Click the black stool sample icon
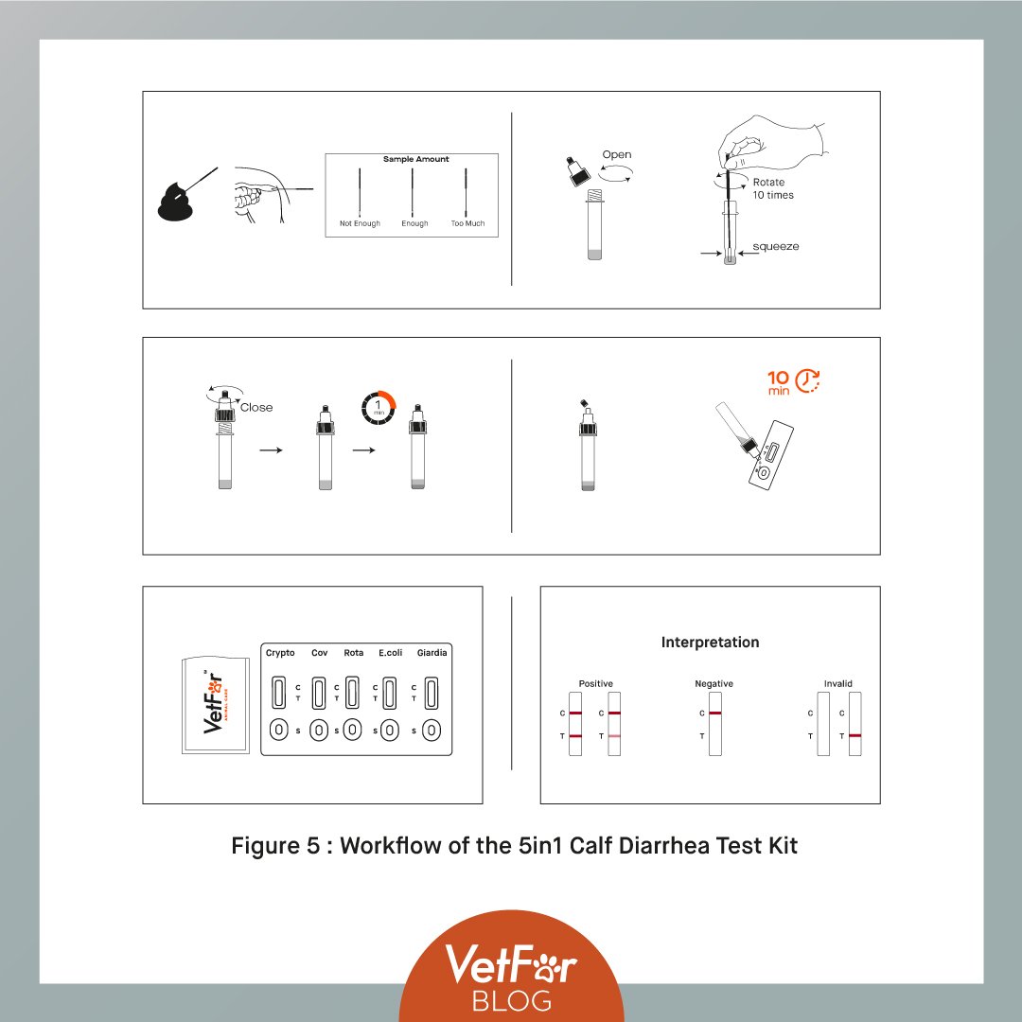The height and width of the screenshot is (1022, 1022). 175,203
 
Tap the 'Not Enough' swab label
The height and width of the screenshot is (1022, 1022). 360,223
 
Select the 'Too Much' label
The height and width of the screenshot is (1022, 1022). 468,223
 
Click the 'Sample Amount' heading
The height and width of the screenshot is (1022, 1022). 415,159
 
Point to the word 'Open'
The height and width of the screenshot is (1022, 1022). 617,155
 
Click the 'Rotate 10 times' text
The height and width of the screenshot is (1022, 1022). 773,188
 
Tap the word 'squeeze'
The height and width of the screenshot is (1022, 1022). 776,246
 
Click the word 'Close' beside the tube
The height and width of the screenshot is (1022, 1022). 256,407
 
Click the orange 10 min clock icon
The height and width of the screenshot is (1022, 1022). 807,380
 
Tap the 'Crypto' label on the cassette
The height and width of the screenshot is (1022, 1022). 280,653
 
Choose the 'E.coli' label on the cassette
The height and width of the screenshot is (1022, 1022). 391,652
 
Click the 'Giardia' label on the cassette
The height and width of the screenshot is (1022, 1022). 432,652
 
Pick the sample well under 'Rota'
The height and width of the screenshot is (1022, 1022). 352,730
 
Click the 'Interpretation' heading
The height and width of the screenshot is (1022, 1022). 710,642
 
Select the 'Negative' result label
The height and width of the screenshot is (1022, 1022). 714,684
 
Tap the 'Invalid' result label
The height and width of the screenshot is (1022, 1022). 837,684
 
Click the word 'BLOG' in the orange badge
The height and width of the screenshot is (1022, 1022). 512,1000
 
